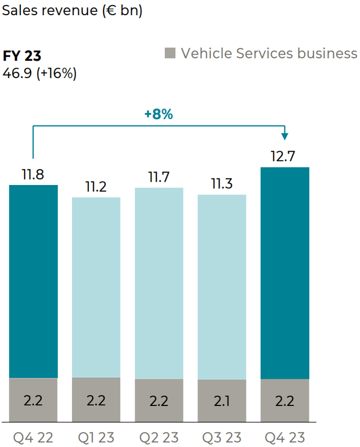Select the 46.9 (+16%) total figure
(x=40, y=74)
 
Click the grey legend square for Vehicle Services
(x=170, y=53)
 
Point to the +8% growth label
(x=158, y=114)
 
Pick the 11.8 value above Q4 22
(x=33, y=174)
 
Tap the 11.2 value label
(x=96, y=187)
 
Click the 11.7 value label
(x=159, y=178)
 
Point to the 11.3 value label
(x=222, y=184)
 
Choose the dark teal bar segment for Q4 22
(x=33, y=281)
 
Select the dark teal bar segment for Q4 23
(x=285, y=273)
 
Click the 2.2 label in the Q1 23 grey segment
(x=96, y=401)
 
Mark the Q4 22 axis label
(x=33, y=436)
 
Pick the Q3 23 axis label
(x=222, y=436)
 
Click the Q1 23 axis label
(x=96, y=436)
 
